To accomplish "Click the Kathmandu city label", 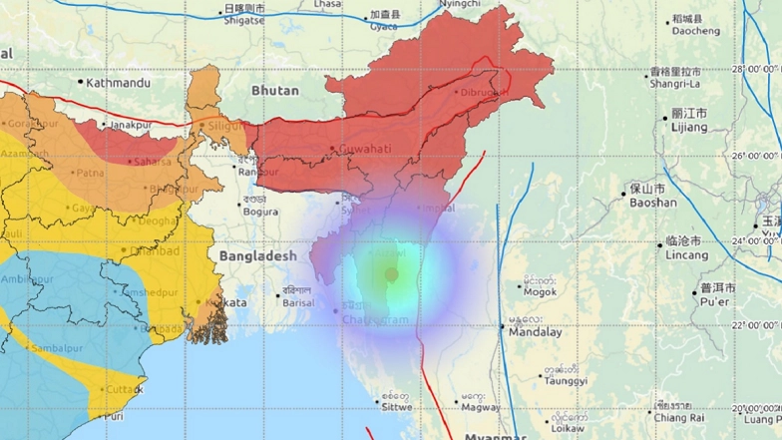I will click(118, 83).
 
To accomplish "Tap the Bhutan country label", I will click(275, 91).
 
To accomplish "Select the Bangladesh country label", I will click(257, 256).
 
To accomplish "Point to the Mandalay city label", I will click(535, 332).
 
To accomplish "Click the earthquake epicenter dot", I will click(392, 274).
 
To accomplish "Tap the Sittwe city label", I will click(394, 405).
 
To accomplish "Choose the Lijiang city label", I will click(689, 130).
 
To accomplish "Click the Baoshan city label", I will click(652, 203).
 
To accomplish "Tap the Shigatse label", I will click(243, 19).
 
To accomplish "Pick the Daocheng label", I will click(695, 31).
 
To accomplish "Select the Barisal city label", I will click(298, 302).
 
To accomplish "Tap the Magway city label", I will click(481, 406).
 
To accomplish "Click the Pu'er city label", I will click(715, 301).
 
